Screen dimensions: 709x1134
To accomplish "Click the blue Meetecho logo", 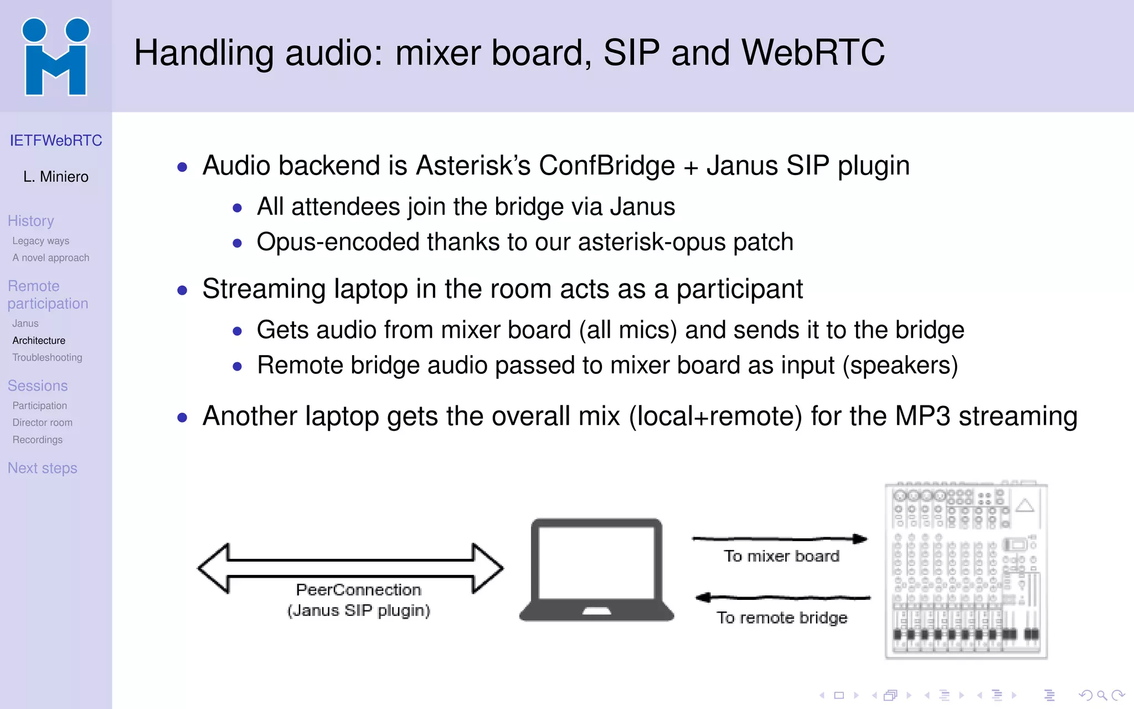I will click(x=55, y=56).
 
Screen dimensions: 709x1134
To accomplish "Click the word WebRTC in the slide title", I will click(x=813, y=53).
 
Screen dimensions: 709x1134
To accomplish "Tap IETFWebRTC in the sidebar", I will click(x=56, y=141).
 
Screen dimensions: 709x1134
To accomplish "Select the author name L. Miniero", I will click(x=56, y=177).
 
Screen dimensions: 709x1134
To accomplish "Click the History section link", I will click(x=31, y=221).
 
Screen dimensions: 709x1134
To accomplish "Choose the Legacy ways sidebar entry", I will click(x=41, y=241).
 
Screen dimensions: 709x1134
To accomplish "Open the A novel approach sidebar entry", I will click(x=51, y=258).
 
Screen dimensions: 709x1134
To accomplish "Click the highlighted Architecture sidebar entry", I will click(x=39, y=341).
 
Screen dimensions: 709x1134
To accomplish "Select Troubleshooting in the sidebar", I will click(x=47, y=358).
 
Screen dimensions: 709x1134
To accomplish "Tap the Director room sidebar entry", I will click(x=43, y=423).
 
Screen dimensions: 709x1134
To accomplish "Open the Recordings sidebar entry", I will click(x=38, y=440).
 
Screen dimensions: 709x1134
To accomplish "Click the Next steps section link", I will click(x=43, y=469).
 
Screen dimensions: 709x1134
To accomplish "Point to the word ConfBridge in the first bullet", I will click(x=607, y=166).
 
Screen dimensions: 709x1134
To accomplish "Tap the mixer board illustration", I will click(x=966, y=571).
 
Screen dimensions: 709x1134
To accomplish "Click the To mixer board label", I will click(x=781, y=556).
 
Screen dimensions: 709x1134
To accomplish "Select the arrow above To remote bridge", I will click(x=783, y=598).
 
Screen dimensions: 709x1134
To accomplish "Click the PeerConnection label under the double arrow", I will click(x=358, y=590).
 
